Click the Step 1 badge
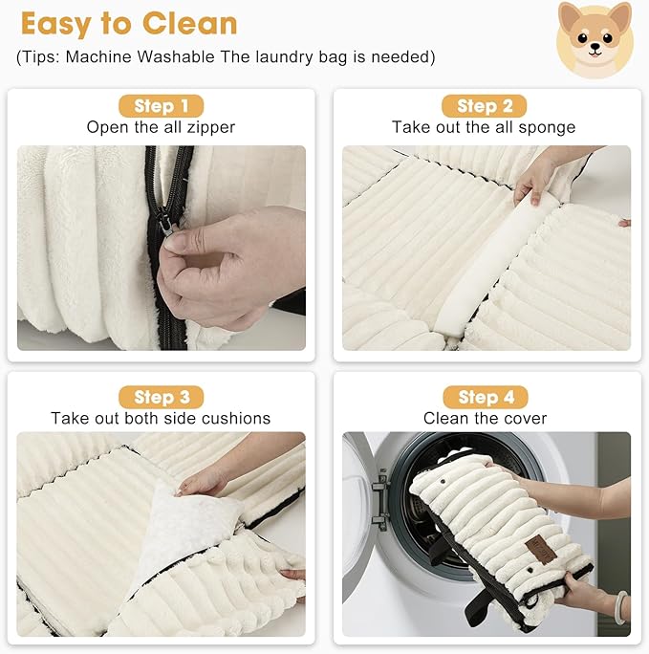coord(161,106)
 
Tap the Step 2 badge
coord(485,106)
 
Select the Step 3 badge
coord(161,397)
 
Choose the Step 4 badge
coord(485,397)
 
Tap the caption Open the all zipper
coord(161,127)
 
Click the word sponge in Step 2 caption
coord(550,127)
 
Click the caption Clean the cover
coord(486,418)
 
